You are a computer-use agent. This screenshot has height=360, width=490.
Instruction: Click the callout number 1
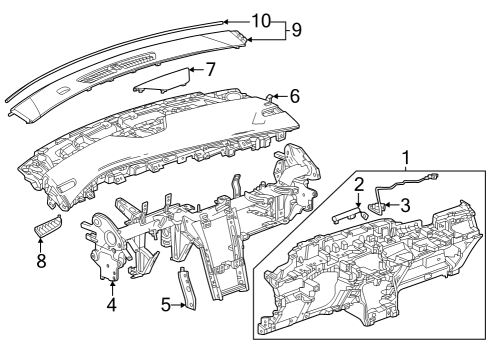pyautogui.click(x=406, y=157)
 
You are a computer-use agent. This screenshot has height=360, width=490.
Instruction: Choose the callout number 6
pyautogui.click(x=295, y=96)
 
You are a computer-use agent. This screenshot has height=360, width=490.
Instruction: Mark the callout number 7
pyautogui.click(x=209, y=70)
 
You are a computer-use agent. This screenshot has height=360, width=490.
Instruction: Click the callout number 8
pyautogui.click(x=41, y=262)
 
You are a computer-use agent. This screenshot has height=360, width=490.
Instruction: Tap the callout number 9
pyautogui.click(x=295, y=30)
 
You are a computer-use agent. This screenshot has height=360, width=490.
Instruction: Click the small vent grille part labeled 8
pyautogui.click(x=47, y=228)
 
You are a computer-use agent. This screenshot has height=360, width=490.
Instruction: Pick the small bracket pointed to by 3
pyautogui.click(x=378, y=208)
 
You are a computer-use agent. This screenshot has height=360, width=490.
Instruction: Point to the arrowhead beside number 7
pyautogui.click(x=192, y=70)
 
